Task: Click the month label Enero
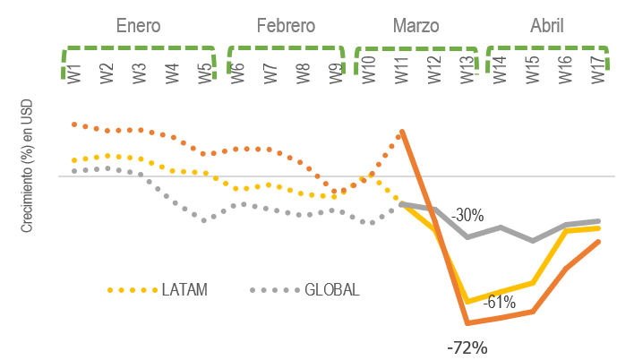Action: (139, 26)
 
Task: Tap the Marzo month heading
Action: (416, 26)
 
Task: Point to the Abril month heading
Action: (546, 26)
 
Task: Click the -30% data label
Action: (467, 216)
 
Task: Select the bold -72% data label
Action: (467, 347)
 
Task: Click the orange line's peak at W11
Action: (402, 132)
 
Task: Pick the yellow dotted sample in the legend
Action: (132, 290)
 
